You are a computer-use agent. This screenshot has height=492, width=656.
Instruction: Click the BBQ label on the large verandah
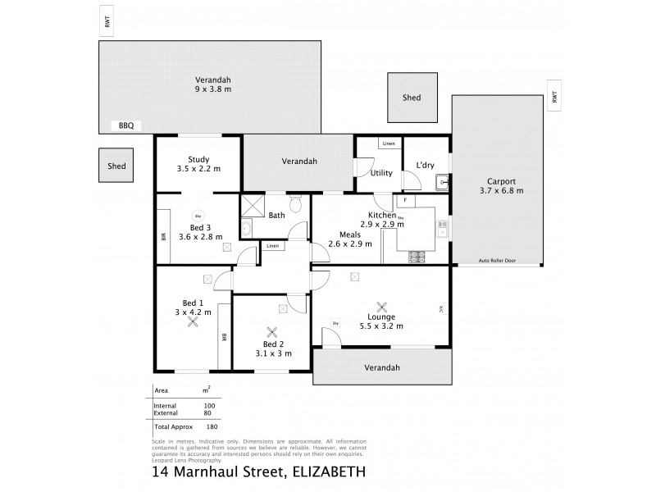pos(125,125)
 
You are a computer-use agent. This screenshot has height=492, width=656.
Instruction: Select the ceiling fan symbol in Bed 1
pos(194,322)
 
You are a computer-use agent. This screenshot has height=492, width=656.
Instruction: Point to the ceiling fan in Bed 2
pos(272,333)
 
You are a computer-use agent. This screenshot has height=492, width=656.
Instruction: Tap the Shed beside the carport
pos(412,98)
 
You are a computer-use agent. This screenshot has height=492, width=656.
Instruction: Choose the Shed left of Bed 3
pos(116,166)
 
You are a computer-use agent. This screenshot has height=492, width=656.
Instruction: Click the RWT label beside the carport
pos(554,97)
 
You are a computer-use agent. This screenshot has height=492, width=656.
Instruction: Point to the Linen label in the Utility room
pos(389,144)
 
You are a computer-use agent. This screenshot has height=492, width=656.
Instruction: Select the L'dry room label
pos(425,166)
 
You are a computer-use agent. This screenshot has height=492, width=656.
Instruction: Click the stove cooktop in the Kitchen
pos(417,257)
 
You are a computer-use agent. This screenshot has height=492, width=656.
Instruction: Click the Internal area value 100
pos(209,406)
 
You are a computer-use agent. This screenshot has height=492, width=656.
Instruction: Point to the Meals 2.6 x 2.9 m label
pos(350,238)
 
